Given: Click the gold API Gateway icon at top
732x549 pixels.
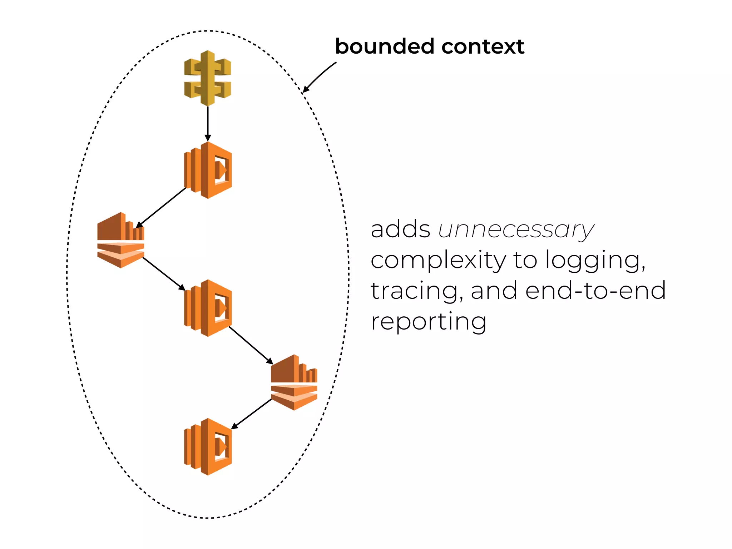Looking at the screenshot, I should (208, 78).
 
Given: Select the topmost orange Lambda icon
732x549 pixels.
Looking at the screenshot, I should (208, 170).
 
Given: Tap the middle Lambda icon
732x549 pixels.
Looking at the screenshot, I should (208, 308).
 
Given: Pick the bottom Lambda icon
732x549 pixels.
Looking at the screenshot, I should (208, 447).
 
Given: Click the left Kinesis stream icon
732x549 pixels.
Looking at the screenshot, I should (121, 240).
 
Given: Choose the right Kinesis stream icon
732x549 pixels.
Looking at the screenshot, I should (294, 382).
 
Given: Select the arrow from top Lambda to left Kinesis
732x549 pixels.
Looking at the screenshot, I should (161, 207).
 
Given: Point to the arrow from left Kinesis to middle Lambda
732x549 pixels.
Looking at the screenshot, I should (164, 273).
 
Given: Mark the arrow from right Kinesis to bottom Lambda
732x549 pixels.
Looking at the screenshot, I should (252, 414).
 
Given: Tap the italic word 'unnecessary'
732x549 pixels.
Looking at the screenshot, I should (516, 230).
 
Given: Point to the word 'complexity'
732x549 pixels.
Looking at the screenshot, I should (438, 260).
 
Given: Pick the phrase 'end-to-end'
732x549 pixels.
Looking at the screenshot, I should (595, 290).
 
